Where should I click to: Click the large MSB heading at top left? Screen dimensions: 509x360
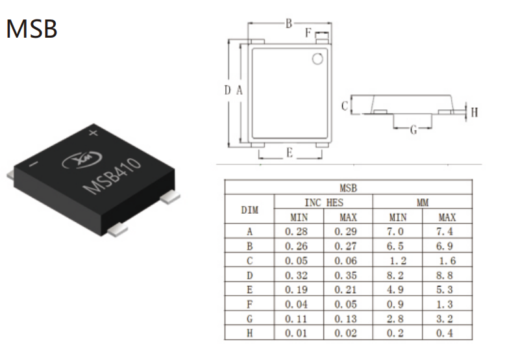tap(32, 29)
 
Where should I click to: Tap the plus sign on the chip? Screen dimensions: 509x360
tap(93, 133)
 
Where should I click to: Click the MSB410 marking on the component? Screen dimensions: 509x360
tap(112, 177)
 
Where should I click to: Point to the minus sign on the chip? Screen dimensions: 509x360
tap(34, 164)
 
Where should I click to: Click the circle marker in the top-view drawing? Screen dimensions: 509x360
tap(317, 58)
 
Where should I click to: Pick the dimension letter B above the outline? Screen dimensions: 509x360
tap(288, 23)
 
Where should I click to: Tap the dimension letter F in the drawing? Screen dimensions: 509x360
tap(308, 32)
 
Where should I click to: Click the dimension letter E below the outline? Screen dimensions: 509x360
tap(290, 153)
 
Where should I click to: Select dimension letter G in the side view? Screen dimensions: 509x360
tap(413, 130)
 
